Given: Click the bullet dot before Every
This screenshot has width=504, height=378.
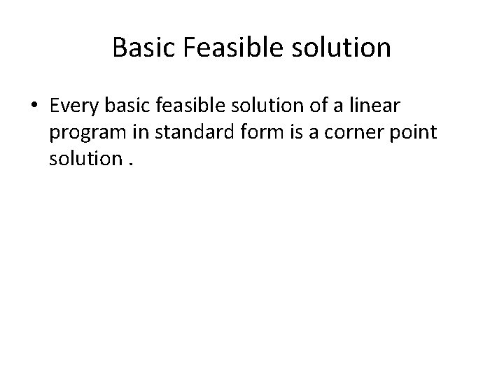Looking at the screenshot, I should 34,106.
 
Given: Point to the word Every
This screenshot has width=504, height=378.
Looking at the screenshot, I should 72,106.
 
